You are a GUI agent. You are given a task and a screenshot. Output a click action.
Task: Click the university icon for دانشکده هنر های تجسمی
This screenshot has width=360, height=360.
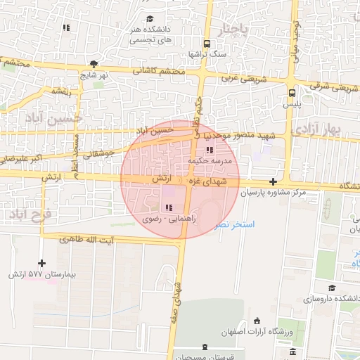point(150,18)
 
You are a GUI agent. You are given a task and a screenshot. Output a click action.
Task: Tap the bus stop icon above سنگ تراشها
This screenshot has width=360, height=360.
point(206,42)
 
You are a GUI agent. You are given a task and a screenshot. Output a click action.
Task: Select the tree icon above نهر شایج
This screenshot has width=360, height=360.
point(94,63)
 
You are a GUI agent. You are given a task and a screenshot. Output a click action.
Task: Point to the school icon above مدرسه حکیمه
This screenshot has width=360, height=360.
point(209,150)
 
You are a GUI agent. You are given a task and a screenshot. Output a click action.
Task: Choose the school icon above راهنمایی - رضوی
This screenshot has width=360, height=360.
point(168,207)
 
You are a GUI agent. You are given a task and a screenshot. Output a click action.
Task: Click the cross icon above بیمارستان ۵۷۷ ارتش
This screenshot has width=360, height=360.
point(41,262)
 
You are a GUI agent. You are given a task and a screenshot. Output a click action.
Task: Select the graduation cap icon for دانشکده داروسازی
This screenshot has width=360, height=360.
point(332,288)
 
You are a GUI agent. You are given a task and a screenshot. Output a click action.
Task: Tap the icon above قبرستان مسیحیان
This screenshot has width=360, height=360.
point(205,347)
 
